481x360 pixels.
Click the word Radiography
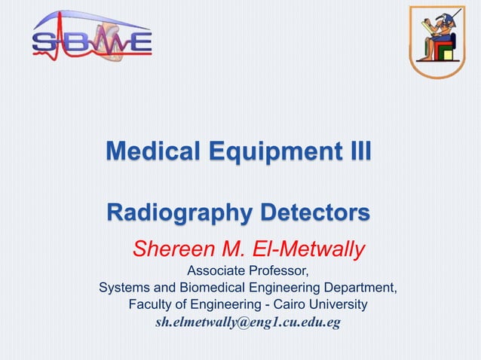click(179, 212)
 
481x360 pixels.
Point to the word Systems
click(123, 288)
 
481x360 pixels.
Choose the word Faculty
click(151, 304)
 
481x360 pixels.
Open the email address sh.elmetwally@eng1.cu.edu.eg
click(248, 322)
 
